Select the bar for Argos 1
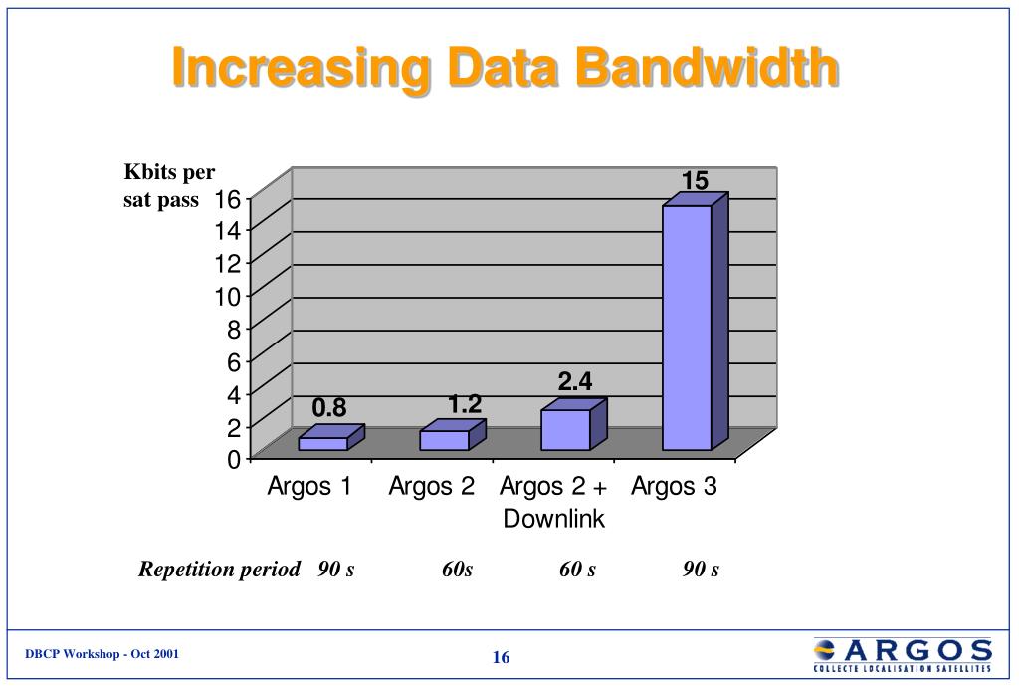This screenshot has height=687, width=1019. click(324, 443)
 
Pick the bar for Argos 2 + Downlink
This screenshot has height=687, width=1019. click(566, 429)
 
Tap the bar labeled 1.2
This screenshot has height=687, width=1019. click(445, 440)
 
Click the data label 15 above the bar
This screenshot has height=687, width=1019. click(695, 181)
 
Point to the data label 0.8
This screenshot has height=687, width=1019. click(329, 408)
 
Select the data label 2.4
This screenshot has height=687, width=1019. click(575, 382)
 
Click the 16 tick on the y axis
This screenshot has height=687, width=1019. click(228, 199)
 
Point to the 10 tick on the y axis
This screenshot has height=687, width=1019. click(228, 297)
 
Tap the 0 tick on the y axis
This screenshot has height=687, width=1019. click(233, 460)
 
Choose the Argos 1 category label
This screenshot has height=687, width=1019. click(309, 487)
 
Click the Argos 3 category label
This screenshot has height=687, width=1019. click(674, 487)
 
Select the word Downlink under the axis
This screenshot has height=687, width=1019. click(553, 519)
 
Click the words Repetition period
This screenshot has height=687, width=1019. click(219, 570)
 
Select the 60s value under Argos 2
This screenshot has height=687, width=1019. click(458, 570)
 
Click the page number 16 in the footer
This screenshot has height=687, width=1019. click(501, 657)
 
